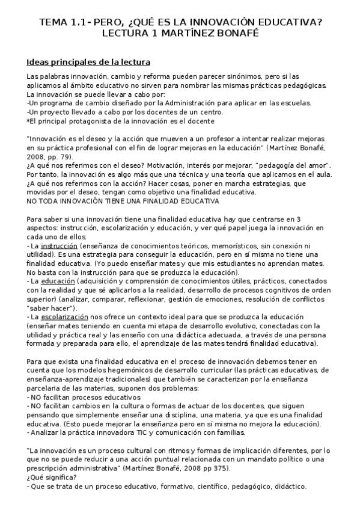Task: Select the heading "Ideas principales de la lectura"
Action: (x=88, y=62)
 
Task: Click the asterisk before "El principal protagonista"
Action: (x=28, y=120)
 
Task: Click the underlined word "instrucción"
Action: (x=60, y=246)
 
